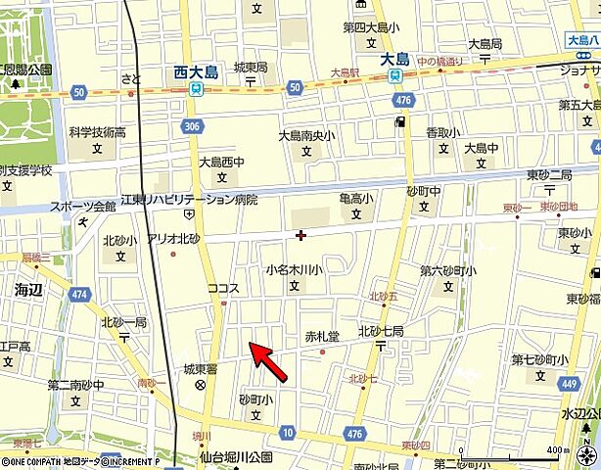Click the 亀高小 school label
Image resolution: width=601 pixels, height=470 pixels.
356,199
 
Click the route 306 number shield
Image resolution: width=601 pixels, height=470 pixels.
191,127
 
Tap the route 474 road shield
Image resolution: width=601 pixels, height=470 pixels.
80,293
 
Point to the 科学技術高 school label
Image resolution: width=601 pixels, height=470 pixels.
97,132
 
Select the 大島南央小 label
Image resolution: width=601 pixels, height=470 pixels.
306,136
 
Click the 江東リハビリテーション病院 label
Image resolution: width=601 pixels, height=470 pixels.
188,199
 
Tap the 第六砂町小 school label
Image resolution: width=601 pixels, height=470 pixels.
448,271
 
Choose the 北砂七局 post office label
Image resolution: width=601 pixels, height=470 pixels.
381,331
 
